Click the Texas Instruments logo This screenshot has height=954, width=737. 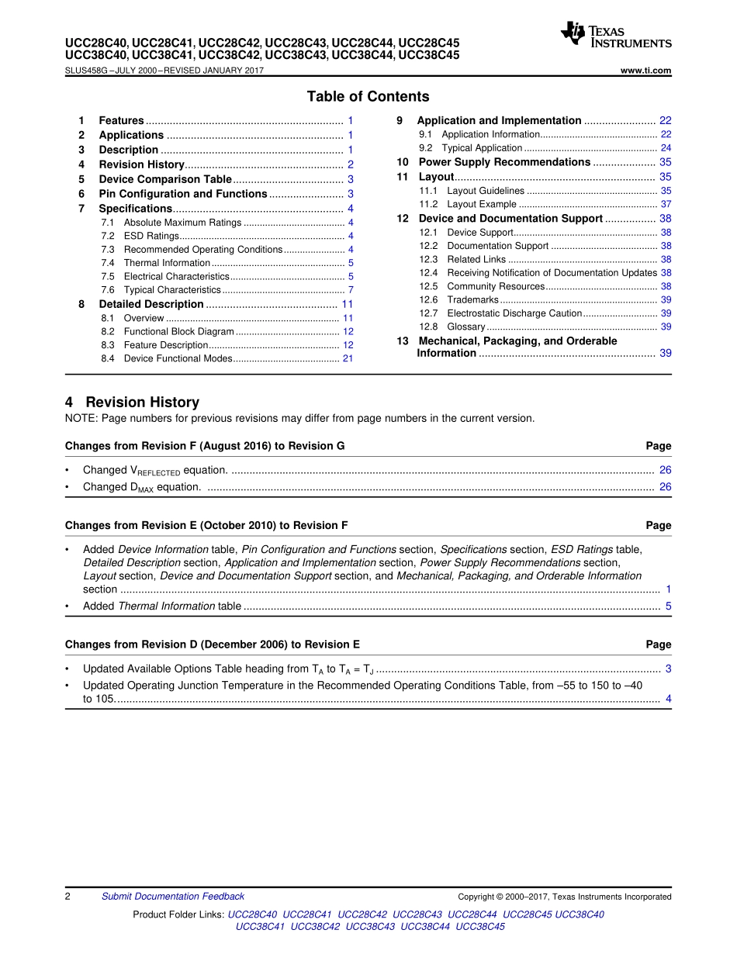click(x=615, y=35)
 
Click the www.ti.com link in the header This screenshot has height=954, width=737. click(x=645, y=71)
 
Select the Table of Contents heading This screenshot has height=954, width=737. click(x=368, y=97)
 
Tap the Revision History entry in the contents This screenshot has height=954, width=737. click(x=141, y=164)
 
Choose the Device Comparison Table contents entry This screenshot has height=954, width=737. click(x=165, y=179)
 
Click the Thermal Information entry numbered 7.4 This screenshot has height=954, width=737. click(x=167, y=263)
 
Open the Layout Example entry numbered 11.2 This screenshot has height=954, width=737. click(x=482, y=204)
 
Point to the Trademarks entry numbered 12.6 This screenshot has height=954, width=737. click(x=472, y=299)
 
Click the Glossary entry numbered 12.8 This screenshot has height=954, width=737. click(x=466, y=327)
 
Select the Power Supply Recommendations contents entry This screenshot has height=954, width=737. click(x=504, y=162)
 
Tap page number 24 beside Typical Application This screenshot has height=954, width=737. click(x=666, y=148)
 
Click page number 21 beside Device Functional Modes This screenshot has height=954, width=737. click(x=348, y=358)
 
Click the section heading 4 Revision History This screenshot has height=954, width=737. click(x=132, y=403)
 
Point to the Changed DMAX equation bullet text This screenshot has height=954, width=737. click(x=142, y=487)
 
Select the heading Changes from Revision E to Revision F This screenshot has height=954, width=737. click(x=206, y=526)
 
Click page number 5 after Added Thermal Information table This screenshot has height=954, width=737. click(x=668, y=606)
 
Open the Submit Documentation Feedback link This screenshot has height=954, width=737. click(x=173, y=897)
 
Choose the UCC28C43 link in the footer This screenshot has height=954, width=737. click(x=417, y=914)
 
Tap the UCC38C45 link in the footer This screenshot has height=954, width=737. click(x=480, y=927)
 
